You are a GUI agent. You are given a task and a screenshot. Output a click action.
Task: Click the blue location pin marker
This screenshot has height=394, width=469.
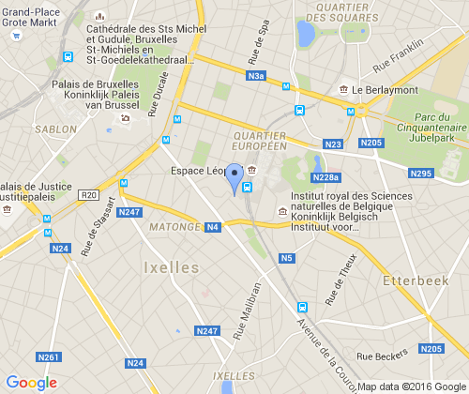click(234, 177)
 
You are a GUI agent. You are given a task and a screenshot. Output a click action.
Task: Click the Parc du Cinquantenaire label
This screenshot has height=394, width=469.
click(438, 123)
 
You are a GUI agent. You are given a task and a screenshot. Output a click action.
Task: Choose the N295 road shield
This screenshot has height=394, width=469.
click(421, 174)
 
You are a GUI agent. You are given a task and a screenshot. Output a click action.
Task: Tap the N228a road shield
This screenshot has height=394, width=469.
click(325, 177)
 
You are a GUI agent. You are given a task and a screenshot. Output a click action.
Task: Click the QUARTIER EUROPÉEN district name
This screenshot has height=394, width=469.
click(258, 141)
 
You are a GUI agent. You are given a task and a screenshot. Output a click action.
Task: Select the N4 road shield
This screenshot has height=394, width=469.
click(214, 227)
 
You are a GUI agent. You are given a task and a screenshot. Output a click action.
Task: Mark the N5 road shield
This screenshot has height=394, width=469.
click(287, 258)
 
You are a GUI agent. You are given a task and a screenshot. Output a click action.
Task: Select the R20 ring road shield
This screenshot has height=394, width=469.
click(90, 195)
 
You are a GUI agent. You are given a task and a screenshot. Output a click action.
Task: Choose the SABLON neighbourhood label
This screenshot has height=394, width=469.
click(54, 129)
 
